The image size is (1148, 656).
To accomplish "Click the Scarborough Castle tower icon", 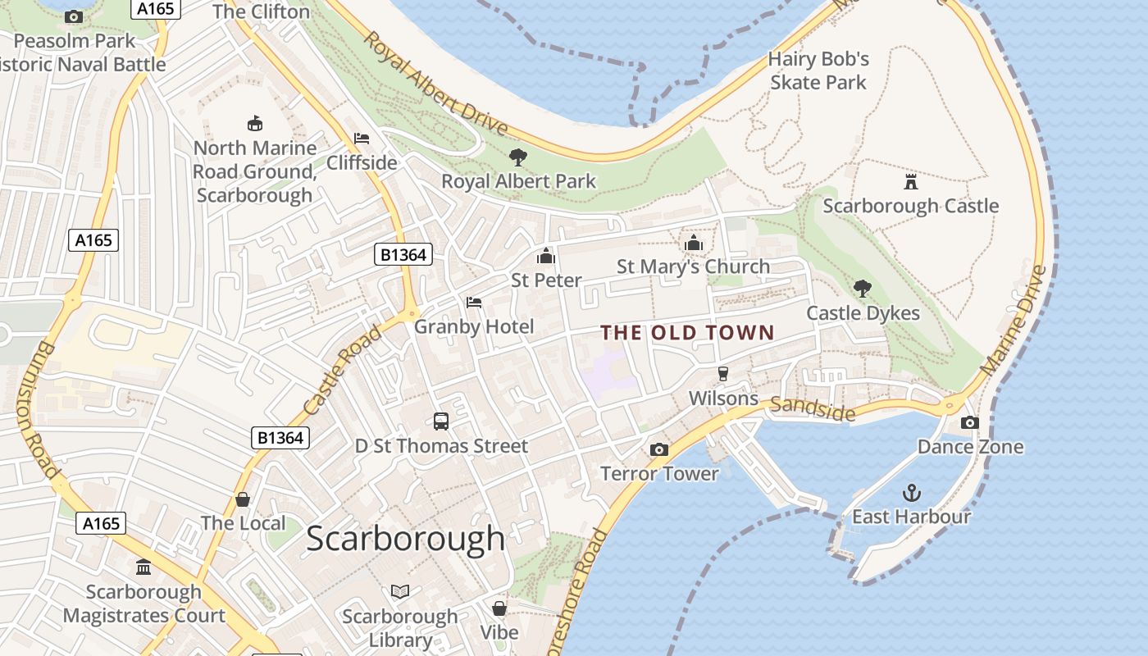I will coord(910,181).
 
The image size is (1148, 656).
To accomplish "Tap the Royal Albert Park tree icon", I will coord(517,157).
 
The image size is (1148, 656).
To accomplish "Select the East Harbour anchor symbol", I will coord(911,493).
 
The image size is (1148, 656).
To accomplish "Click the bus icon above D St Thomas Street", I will coord(441,421).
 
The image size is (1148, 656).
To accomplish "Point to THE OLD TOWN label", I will coord(687,332).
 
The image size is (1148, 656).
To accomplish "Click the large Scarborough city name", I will coord(406,538).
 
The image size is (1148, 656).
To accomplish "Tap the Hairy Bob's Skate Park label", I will coord(818,71).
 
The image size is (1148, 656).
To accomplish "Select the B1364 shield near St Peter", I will coord(403,255).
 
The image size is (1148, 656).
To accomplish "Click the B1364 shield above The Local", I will coord(280,438).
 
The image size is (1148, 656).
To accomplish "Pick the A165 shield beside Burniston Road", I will coord(93,240).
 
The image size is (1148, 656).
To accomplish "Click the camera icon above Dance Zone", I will coord(970,422).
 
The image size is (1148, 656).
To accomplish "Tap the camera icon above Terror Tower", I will coord(658,449).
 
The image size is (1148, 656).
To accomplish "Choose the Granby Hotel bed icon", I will coord(474,303).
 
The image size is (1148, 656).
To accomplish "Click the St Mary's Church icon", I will coord(694,243).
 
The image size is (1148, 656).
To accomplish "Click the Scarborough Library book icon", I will coord(400,591).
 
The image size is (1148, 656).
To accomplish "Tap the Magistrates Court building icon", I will coord(143,567).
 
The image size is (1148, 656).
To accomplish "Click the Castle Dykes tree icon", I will coord(862,288).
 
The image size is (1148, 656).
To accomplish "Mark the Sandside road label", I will coord(812,408).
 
